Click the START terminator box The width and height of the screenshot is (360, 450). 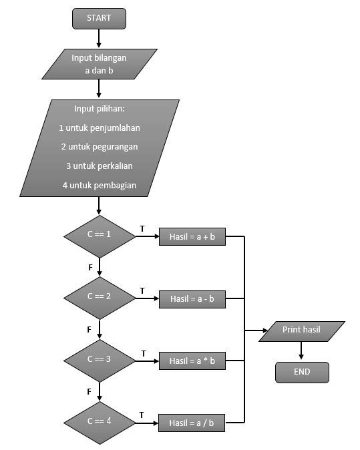[99, 19]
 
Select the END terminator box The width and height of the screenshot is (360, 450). [302, 372]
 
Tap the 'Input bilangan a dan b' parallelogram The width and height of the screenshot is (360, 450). [99, 63]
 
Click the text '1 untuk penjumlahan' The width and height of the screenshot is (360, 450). [99, 128]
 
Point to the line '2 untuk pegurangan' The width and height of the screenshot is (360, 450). [99, 147]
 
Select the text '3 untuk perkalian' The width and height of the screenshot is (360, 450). [99, 166]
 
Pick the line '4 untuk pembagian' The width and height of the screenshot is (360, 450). [99, 185]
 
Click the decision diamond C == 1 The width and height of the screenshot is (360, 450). [99, 236]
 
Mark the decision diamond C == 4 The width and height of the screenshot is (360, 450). [99, 422]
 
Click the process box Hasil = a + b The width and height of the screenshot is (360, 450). [192, 237]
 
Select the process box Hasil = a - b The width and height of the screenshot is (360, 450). [192, 298]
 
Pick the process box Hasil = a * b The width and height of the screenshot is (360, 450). [192, 361]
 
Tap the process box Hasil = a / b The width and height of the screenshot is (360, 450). [192, 423]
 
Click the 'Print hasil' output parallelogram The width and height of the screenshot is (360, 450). [302, 330]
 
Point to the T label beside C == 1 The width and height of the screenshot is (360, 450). [142, 228]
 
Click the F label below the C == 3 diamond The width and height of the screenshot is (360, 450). [89, 391]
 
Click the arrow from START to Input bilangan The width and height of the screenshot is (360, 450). [99, 39]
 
